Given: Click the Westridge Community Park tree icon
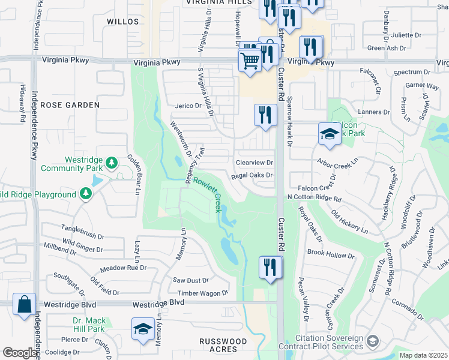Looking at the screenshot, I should coord(111,163).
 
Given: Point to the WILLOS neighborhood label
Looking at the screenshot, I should coord(122,21).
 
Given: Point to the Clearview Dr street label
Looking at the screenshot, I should coord(255,163).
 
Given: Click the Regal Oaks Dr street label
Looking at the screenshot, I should coord(252,175).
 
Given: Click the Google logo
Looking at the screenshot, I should coord(20,353).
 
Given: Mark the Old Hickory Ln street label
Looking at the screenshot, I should coord(349,221).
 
